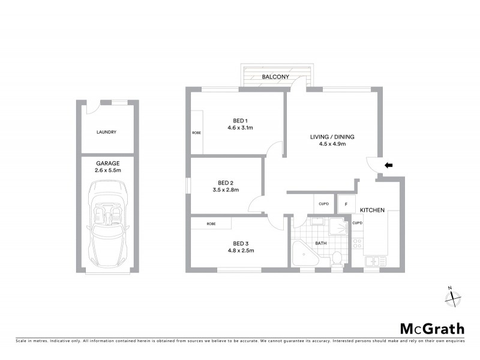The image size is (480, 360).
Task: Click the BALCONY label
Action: [x=275, y=77]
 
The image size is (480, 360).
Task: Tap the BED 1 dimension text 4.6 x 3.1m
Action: [x=241, y=128]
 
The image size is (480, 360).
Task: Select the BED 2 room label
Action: [x=226, y=182]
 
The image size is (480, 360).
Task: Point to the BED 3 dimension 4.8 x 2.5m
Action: [x=241, y=251]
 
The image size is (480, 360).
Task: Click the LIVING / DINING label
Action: [x=332, y=137]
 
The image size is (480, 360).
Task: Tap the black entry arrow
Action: [x=389, y=164]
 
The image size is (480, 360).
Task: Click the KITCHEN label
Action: [x=372, y=211]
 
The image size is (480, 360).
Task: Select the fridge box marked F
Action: [x=346, y=204]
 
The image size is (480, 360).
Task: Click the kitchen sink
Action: [x=372, y=262]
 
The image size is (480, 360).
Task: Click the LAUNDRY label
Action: [x=106, y=132]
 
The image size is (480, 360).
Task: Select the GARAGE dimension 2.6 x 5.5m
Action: [x=108, y=171]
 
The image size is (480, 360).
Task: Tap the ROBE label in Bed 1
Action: [x=196, y=132]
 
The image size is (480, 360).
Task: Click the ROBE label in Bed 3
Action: [x=211, y=223]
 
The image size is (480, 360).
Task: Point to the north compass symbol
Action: [x=453, y=296]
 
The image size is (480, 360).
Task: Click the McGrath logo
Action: [x=432, y=328]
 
